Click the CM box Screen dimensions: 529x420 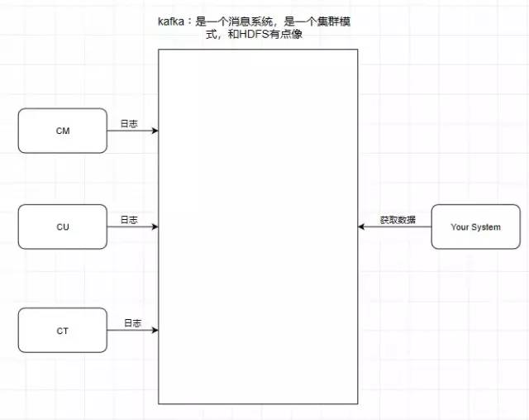(63, 131)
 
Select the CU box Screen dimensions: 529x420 (63, 227)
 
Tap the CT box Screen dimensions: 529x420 (63, 330)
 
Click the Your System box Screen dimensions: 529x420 (476, 227)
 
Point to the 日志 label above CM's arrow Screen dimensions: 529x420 (129, 124)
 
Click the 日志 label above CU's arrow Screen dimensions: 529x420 (129, 220)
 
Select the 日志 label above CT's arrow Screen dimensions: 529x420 (132, 323)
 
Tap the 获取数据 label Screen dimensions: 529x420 (398, 220)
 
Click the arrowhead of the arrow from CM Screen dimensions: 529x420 (155, 131)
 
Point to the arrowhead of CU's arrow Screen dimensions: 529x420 (155, 227)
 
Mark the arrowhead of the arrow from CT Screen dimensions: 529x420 (155, 330)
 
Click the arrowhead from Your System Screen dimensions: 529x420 (361, 227)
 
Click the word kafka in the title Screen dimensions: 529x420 (171, 21)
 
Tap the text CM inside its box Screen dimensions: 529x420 (63, 131)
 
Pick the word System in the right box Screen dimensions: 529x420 (486, 227)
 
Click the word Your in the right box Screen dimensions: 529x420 (460, 227)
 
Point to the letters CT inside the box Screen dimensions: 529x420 (63, 331)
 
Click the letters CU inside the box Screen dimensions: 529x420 (63, 227)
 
